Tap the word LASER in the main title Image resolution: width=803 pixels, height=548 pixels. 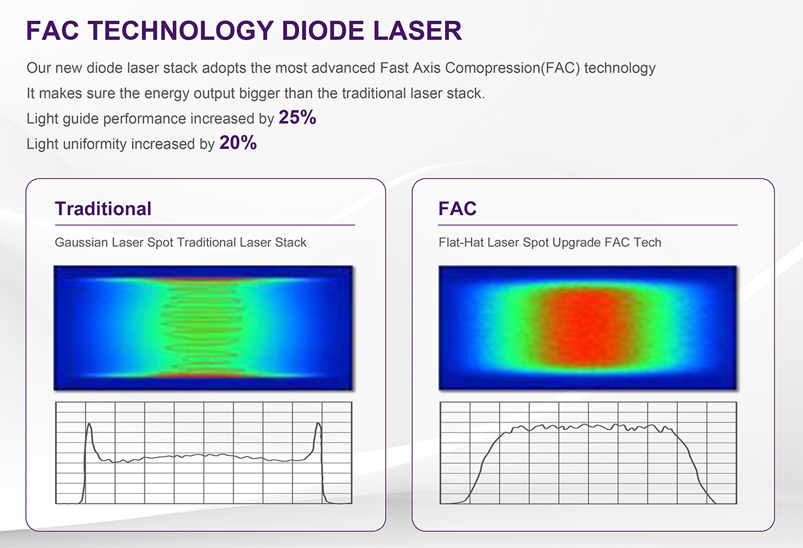pyautogui.click(x=418, y=31)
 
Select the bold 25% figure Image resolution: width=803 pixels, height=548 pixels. pyautogui.click(x=298, y=117)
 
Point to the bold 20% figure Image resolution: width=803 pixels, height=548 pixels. pyautogui.click(x=238, y=142)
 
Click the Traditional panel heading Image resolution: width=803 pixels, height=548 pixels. pyautogui.click(x=103, y=209)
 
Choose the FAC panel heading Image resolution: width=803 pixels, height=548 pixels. pyautogui.click(x=458, y=209)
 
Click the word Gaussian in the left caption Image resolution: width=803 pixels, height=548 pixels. pyautogui.click(x=82, y=243)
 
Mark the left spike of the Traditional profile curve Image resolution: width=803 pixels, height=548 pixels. pyautogui.click(x=89, y=424)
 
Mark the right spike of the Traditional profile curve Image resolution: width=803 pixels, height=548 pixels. pyautogui.click(x=319, y=424)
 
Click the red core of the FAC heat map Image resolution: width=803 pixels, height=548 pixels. pyautogui.click(x=584, y=327)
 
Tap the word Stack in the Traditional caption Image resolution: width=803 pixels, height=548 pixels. pyautogui.click(x=290, y=243)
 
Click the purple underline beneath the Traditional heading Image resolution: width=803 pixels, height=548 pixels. pyautogui.click(x=205, y=225)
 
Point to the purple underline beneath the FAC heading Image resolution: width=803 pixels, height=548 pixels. pyautogui.click(x=588, y=225)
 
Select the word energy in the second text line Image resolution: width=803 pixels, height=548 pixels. pyautogui.click(x=167, y=94)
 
